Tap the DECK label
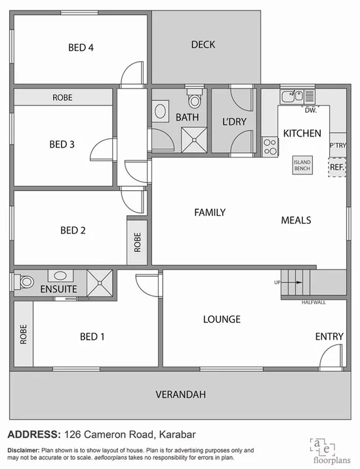(x=203, y=45)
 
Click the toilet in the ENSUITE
(x=25, y=282)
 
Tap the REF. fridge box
(x=336, y=167)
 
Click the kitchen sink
(x=290, y=96)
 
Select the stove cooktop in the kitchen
(x=270, y=146)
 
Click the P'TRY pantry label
(x=338, y=146)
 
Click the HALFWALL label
(x=313, y=302)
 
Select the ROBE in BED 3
(x=63, y=97)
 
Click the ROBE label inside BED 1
(x=23, y=335)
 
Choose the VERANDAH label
(x=180, y=394)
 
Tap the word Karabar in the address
(x=172, y=434)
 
